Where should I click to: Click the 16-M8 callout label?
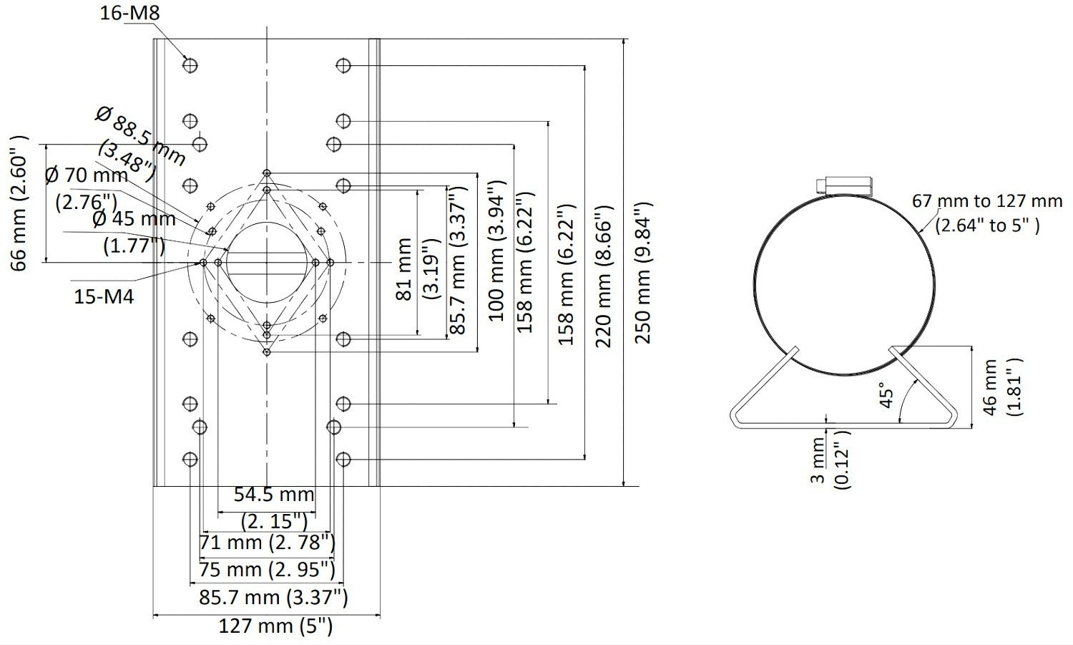pos(129,12)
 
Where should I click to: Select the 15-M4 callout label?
pos(104,296)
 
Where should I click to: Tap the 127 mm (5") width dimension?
pos(275,626)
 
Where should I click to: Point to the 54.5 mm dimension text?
pos(274,494)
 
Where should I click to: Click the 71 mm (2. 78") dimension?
pos(267,543)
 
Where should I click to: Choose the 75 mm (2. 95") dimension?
pos(267,570)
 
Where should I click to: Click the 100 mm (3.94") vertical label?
pos(496,251)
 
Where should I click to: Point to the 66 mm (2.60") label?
pos(19,202)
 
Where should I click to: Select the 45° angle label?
pos(887,395)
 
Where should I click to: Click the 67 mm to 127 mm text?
pos(986,201)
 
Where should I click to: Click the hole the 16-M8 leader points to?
pos(190,66)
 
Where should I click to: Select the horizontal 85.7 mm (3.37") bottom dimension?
pos(269,597)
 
